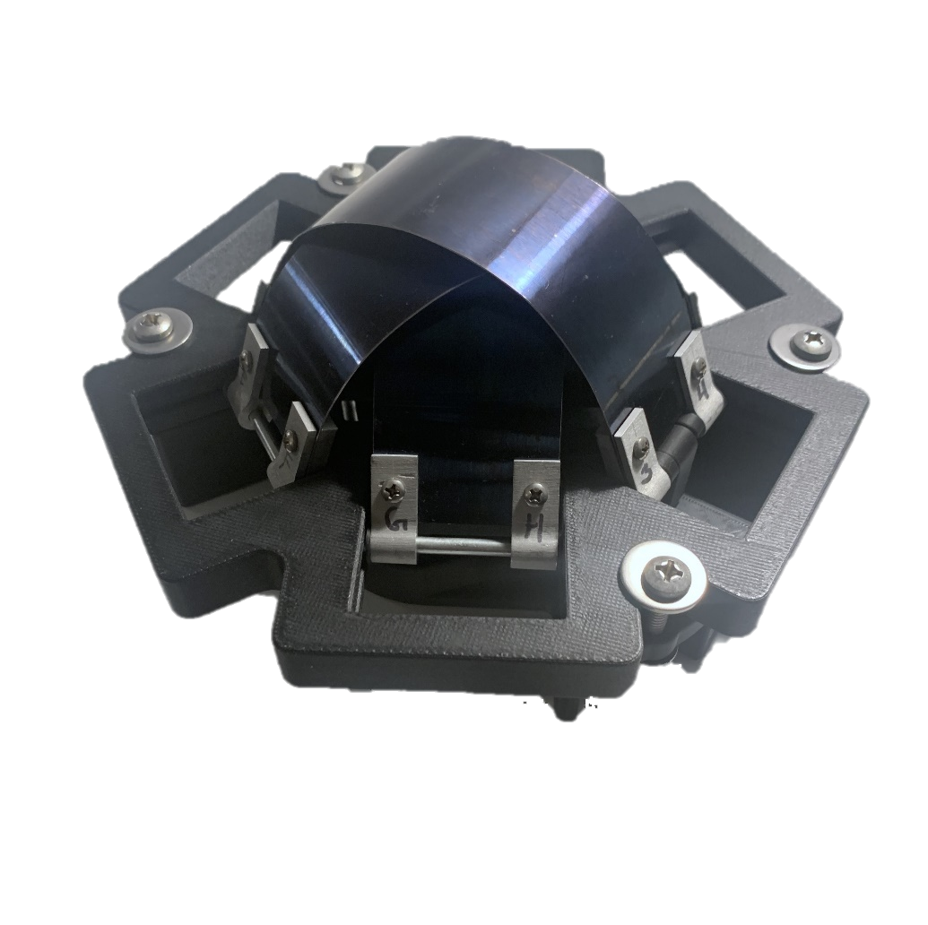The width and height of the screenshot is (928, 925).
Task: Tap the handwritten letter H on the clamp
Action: pyautogui.click(x=533, y=529)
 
